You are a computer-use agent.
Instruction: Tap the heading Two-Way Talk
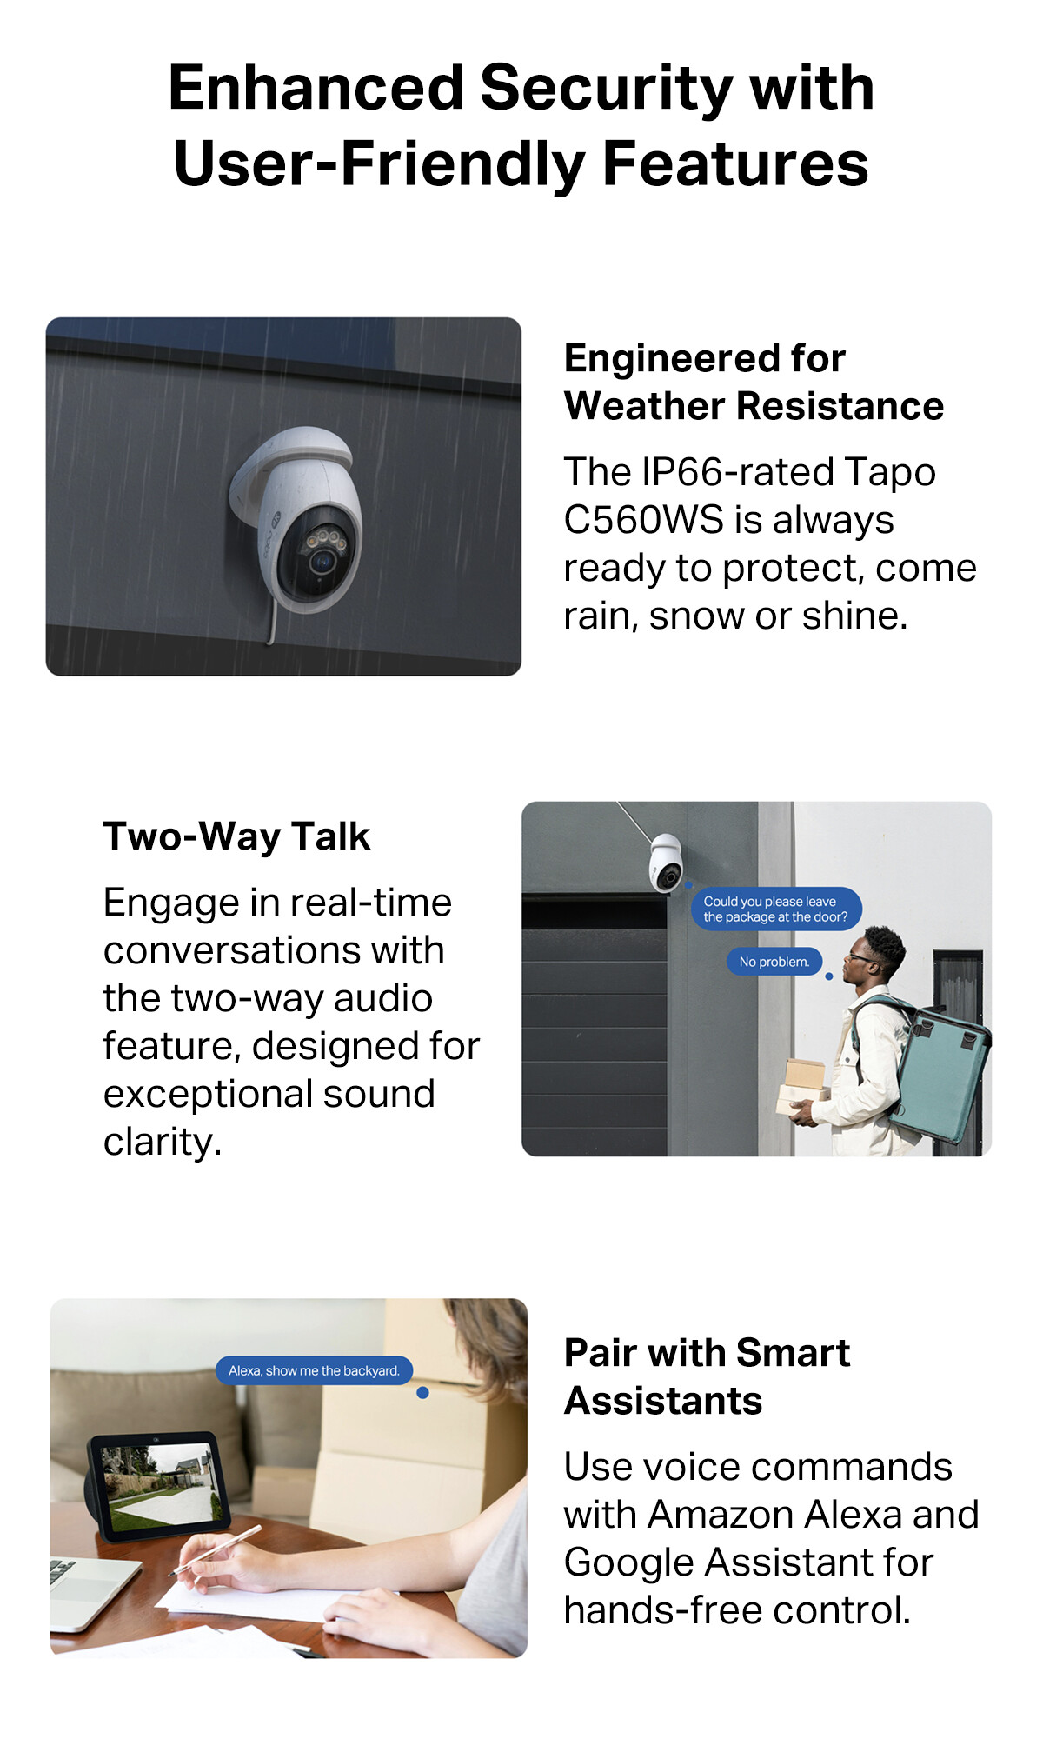(x=236, y=836)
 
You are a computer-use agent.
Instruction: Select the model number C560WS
(x=643, y=520)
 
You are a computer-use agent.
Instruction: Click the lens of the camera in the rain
(x=322, y=561)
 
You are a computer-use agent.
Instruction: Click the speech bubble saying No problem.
(x=774, y=962)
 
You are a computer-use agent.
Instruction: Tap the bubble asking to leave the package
(x=776, y=909)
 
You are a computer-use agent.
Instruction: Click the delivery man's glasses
(x=860, y=957)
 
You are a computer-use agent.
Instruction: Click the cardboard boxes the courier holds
(x=804, y=1087)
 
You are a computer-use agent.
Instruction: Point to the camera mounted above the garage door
(x=666, y=862)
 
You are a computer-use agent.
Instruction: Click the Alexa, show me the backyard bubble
(x=314, y=1370)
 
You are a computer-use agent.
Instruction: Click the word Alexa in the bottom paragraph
(x=855, y=1515)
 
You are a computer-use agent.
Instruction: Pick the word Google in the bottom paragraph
(x=628, y=1562)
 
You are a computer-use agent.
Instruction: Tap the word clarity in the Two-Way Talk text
(x=163, y=1143)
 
